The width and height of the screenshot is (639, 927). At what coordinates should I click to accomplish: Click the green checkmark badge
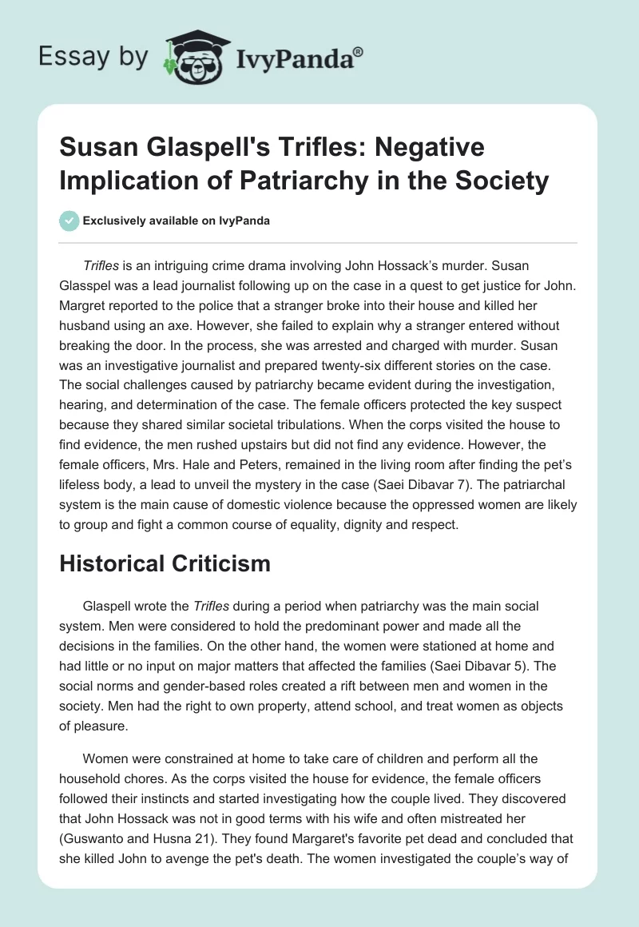69,221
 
